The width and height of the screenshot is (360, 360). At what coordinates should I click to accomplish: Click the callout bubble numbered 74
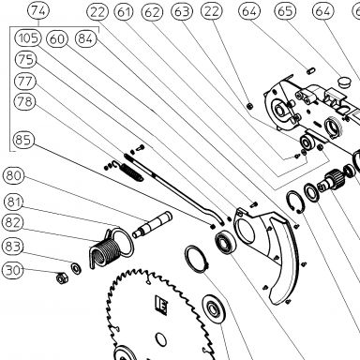click(x=38, y=10)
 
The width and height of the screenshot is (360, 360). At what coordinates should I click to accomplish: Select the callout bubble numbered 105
click(x=28, y=38)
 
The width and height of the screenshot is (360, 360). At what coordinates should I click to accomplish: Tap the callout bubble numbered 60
click(x=57, y=39)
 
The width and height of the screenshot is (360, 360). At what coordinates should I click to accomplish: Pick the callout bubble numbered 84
click(x=86, y=38)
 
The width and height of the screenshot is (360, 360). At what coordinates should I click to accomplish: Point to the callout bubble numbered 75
click(x=25, y=59)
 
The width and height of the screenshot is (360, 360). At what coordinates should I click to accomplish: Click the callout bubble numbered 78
click(x=25, y=102)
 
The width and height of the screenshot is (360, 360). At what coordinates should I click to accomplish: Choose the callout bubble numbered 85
click(x=23, y=140)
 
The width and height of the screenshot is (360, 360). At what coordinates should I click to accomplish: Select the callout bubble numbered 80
click(x=14, y=175)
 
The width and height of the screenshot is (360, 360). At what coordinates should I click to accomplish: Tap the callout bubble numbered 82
click(x=13, y=223)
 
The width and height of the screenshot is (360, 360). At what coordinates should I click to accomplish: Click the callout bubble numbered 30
click(x=13, y=270)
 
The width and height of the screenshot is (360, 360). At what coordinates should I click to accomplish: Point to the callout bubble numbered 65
click(x=285, y=11)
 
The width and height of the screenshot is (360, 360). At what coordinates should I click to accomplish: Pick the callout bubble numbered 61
click(x=124, y=12)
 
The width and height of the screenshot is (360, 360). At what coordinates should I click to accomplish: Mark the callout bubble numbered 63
click(x=182, y=11)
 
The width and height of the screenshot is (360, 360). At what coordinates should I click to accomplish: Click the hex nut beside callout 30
click(x=61, y=277)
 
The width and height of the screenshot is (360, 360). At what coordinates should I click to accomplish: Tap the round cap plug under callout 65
click(x=345, y=82)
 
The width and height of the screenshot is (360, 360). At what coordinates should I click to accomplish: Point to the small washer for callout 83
click(x=76, y=268)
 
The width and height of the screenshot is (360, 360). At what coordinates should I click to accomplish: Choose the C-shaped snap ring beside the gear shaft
click(x=294, y=202)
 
